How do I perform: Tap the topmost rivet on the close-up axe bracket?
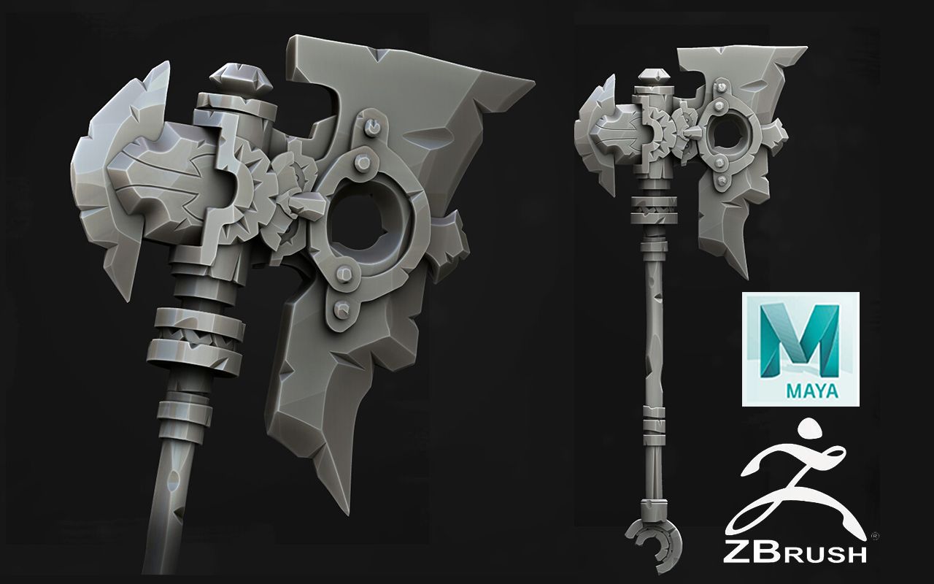point(373,127)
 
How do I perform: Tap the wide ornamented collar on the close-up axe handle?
point(197,337)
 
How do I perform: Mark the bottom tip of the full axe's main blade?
point(746,276)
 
